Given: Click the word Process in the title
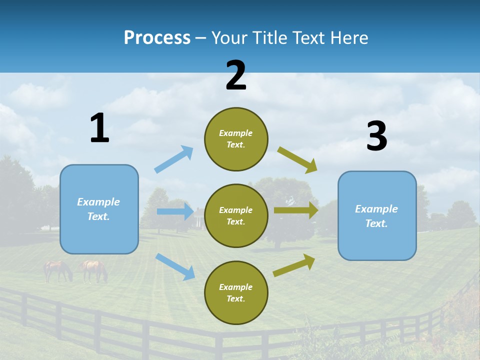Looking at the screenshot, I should coord(157,38).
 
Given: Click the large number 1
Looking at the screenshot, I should coord(99,128).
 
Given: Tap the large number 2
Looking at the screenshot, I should coord(236,75).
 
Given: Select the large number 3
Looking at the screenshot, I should coord(376,136).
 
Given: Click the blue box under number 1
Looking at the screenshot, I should coord(99,209).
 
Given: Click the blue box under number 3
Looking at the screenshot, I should coord(377,215).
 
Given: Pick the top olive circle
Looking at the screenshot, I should coord(236,139).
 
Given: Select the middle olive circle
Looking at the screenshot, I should coord(236,215).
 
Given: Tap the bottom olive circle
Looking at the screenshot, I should coord(236,292).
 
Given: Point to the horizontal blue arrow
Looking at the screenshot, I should coord(175,211).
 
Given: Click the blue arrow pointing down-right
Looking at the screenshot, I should coord(175,266).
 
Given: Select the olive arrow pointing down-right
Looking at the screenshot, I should coord(297,159).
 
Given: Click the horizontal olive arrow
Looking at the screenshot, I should coord(296,210).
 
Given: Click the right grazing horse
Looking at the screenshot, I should coord(94,270).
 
